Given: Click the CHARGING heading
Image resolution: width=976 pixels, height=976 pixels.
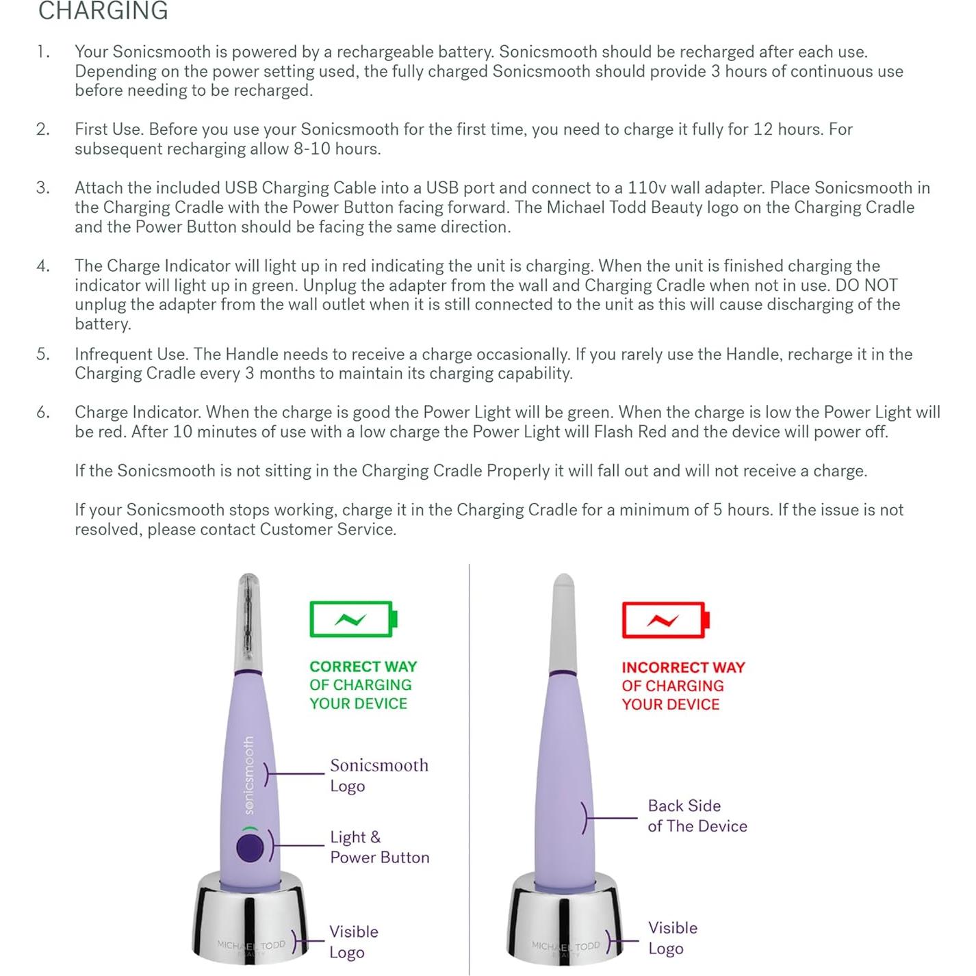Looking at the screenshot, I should (103, 11).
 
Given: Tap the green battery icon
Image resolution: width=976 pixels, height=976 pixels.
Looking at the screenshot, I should (352, 619).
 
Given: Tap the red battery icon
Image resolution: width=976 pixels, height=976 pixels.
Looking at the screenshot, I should (665, 619).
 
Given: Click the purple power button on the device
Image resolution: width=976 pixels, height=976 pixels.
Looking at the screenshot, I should (250, 847).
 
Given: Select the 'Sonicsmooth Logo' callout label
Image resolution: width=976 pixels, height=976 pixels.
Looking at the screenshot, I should (378, 775).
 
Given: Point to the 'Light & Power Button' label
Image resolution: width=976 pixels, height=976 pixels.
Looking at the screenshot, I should (379, 847).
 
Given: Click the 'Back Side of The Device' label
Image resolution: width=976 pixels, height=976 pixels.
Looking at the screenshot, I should (697, 816).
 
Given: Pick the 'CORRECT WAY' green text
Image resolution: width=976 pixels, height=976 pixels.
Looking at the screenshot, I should (363, 667).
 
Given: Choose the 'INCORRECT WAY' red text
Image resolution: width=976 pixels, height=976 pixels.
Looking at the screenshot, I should (682, 667).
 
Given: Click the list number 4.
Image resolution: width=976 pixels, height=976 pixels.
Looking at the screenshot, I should (43, 266).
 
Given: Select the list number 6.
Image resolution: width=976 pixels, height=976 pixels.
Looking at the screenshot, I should (43, 413).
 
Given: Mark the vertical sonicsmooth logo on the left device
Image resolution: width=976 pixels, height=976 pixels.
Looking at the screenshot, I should (249, 775).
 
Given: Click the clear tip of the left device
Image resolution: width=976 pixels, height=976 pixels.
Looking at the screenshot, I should (248, 619).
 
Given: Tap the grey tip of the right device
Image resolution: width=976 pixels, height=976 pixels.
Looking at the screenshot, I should (563, 619).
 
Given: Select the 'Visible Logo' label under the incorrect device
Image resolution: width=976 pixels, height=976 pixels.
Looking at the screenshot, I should (672, 938).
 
